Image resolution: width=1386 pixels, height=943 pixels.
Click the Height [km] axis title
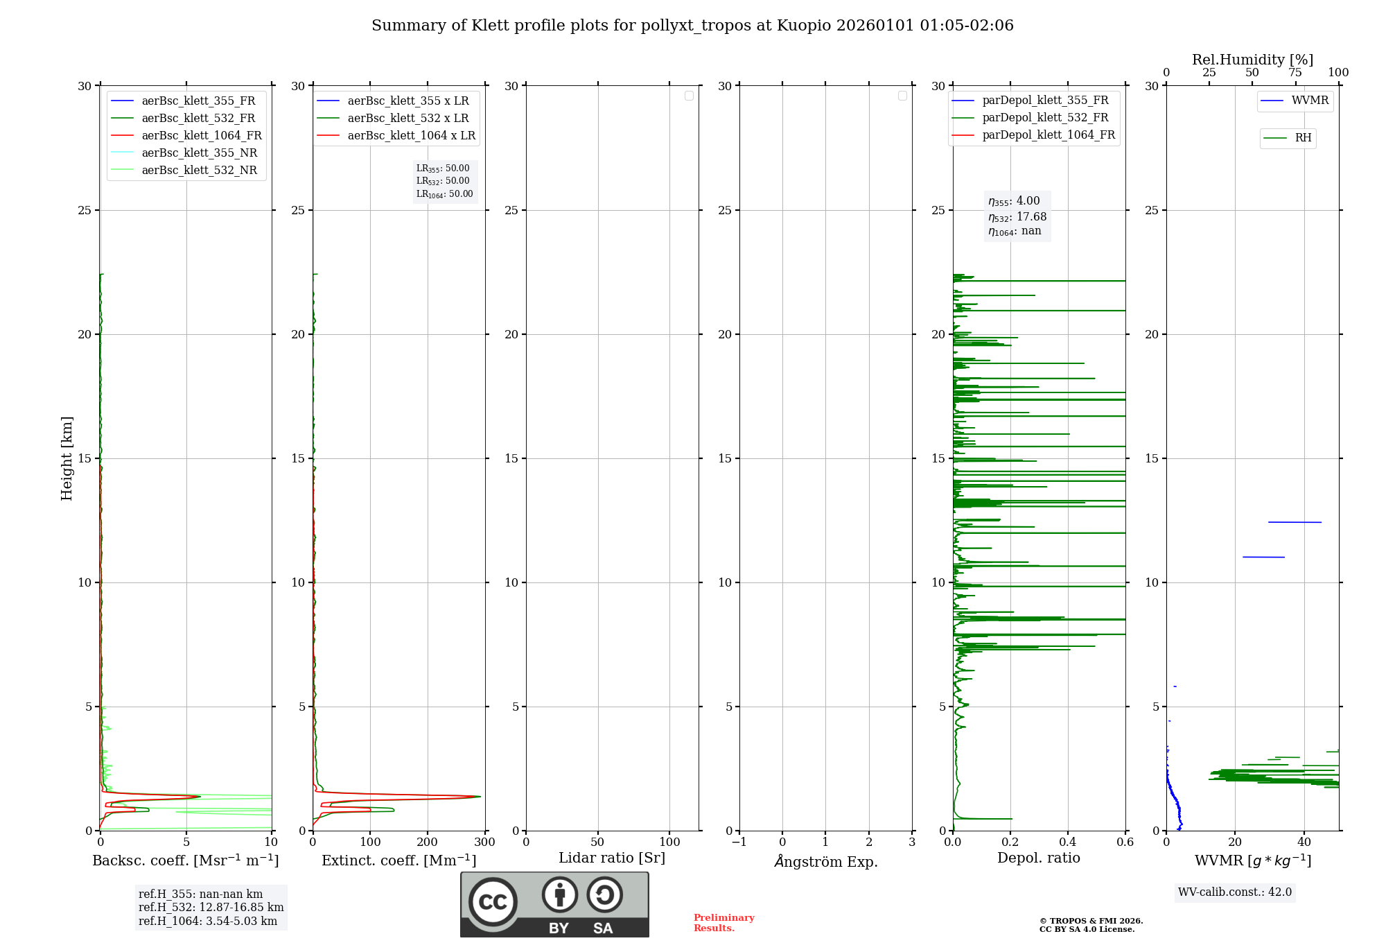67,458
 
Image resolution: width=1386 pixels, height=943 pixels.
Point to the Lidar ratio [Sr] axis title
612,858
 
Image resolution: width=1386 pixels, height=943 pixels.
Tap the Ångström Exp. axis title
826,862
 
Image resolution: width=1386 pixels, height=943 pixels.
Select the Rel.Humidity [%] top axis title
1252,60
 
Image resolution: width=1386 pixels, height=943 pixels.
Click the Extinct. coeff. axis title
398,861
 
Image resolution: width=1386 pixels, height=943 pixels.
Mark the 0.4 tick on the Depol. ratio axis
1068,842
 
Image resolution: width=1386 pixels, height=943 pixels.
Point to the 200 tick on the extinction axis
428,842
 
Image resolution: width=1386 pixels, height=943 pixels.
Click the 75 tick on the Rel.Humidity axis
1295,73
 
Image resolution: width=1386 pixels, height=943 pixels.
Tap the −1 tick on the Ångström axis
739,842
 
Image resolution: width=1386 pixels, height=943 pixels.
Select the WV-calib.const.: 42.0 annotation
1234,892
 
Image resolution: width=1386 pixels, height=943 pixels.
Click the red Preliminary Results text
723,923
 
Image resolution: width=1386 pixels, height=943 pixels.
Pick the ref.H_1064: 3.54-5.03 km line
208,922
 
